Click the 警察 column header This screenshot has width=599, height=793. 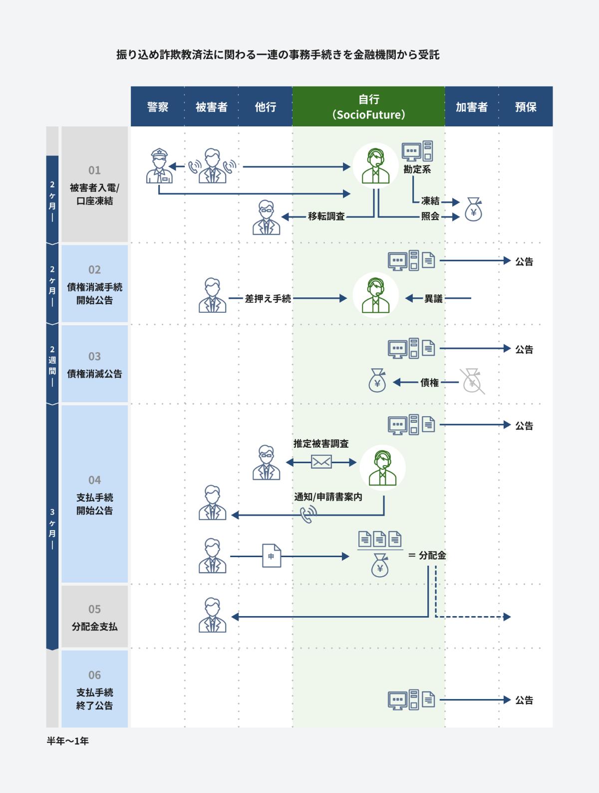pyautogui.click(x=158, y=106)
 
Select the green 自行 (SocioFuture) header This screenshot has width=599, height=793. pyautogui.click(x=368, y=106)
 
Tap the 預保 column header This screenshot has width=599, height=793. pyautogui.click(x=526, y=106)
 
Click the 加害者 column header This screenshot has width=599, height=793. pyautogui.click(x=472, y=106)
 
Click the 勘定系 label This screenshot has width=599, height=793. pyautogui.click(x=417, y=169)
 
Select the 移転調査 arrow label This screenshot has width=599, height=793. pyautogui.click(x=326, y=216)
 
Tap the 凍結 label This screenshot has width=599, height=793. pyautogui.click(x=430, y=201)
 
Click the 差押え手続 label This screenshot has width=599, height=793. pyautogui.click(x=268, y=298)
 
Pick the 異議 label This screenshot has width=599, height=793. pyautogui.click(x=433, y=298)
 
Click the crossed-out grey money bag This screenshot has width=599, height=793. pyautogui.click(x=472, y=381)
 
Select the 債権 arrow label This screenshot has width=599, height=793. pyautogui.click(x=429, y=383)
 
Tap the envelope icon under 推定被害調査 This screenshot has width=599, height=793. pyautogui.click(x=321, y=462)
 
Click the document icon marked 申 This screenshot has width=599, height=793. pyautogui.click(x=272, y=556)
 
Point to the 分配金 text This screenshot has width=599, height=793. pyautogui.click(x=432, y=555)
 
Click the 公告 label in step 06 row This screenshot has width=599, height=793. pyautogui.click(x=524, y=700)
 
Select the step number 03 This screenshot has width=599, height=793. pyautogui.click(x=94, y=357)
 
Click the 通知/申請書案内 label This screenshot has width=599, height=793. pyautogui.click(x=328, y=497)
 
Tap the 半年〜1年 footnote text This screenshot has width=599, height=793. pyautogui.click(x=67, y=742)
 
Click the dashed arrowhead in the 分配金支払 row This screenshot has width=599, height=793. pyautogui.click(x=507, y=617)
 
